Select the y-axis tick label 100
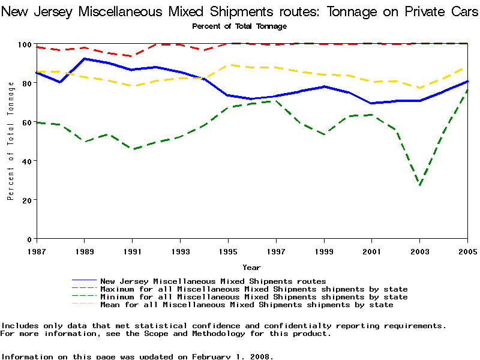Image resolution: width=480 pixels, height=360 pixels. pos(24,44)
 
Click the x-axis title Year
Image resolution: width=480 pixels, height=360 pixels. pos(251,267)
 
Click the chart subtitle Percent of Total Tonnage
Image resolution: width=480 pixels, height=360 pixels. pos(239,26)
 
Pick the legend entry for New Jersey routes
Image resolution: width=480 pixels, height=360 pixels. pos(213,281)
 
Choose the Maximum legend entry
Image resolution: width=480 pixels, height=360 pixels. pos(254,289)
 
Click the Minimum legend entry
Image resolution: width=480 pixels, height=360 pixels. pos(254,297)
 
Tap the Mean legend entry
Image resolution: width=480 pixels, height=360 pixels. pos(247,305)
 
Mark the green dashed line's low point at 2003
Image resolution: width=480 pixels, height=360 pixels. pos(420,185)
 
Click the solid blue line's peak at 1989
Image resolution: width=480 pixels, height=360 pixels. pos(84,59)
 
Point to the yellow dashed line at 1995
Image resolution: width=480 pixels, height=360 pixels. pos(228,65)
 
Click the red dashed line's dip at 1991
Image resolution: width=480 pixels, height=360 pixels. pos(132,56)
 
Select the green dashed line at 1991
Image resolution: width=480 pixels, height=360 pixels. pos(132,149)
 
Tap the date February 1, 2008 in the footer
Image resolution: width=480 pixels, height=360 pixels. pos(232,356)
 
